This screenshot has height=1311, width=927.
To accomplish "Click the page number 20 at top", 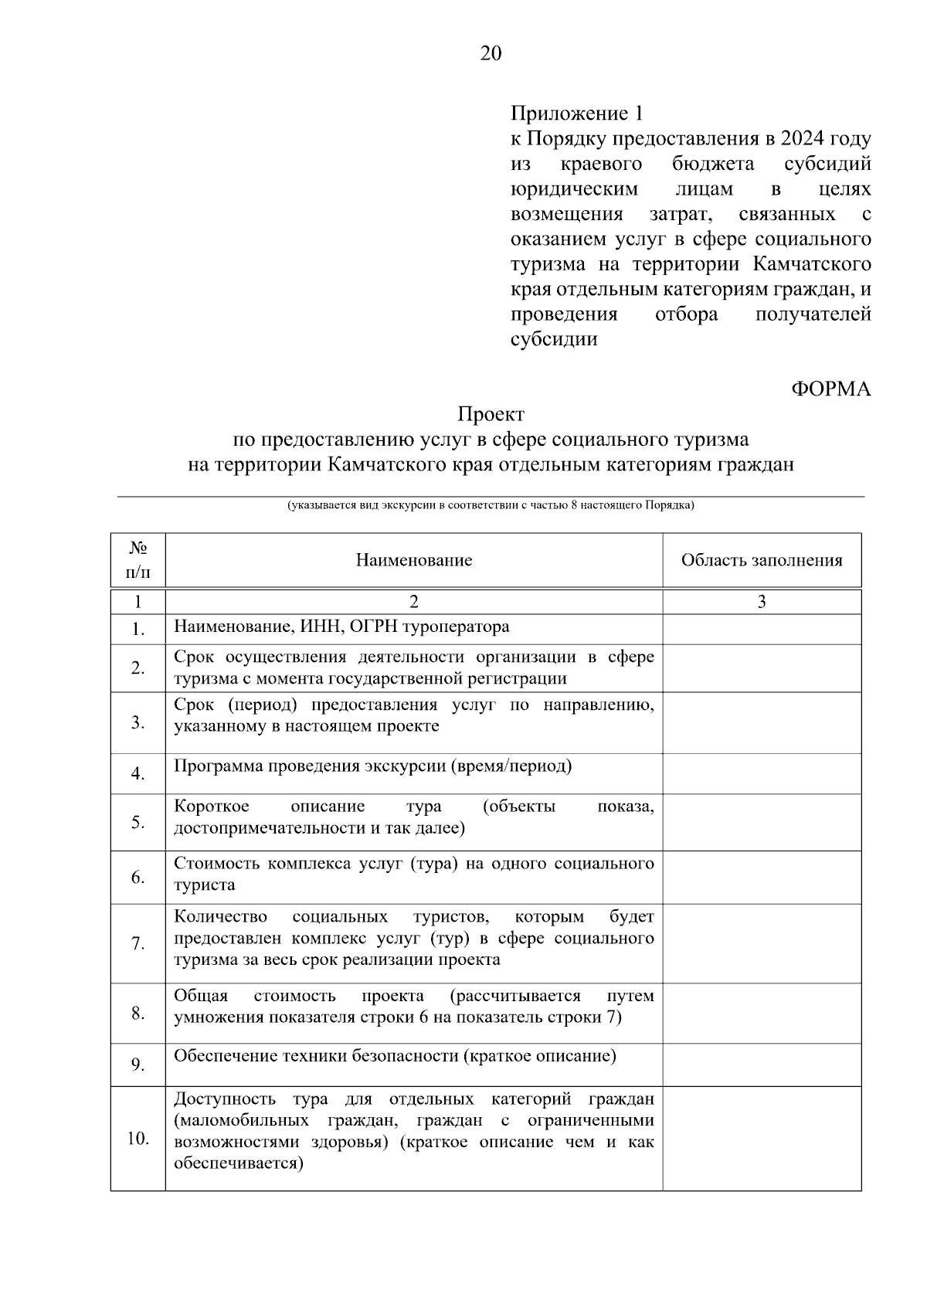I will (491, 53).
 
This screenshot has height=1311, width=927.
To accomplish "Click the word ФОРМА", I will (830, 389).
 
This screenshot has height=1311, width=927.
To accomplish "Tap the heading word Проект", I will (491, 415).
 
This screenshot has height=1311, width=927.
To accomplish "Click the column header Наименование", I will (414, 560).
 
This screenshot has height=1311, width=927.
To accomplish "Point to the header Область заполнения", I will (762, 560).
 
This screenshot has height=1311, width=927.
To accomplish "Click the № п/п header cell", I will (138, 560).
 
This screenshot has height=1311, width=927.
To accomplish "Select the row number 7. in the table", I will (138, 944).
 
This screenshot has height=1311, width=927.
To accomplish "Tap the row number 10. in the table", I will (138, 1139).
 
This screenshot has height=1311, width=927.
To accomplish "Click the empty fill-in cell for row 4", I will (762, 773).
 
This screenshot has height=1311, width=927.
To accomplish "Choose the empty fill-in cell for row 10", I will (762, 1139).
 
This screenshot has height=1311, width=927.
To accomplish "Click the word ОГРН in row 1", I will (373, 627).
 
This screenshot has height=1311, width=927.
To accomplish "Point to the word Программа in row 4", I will (218, 766).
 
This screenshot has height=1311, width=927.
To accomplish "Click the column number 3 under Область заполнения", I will (762, 602).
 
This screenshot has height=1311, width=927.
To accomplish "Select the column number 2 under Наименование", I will (414, 602).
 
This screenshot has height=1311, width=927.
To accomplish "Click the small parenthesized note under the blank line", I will (491, 506).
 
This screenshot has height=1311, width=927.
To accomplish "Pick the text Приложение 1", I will (576, 114).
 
